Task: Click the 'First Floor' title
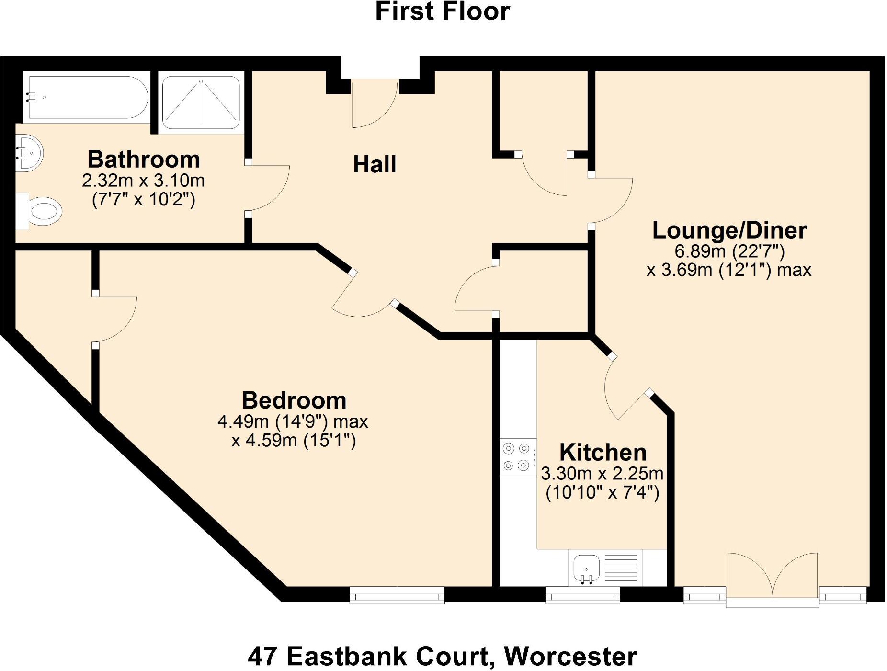pos(442,11)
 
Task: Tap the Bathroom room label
pos(143,159)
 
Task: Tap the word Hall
pos(375,165)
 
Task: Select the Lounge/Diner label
pos(729,230)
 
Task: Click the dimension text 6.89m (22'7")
pos(729,251)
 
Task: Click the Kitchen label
pos(603,453)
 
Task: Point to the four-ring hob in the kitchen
pos(517,457)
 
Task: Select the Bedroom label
pos(294,400)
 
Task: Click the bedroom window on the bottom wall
pos(397,595)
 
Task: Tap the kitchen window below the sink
pos(582,595)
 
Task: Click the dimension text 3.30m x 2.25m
pos(602,474)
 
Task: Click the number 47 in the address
pos(263,657)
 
